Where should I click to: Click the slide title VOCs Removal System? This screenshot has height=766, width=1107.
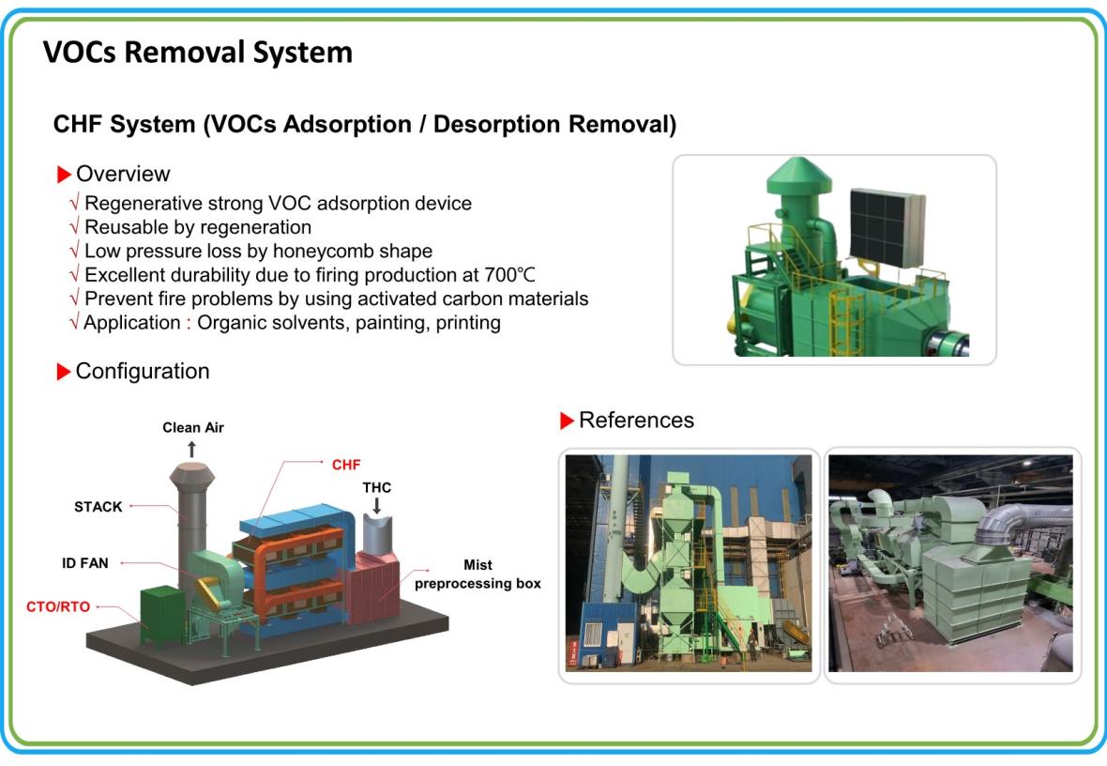(198, 53)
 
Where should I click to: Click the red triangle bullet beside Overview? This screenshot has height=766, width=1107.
(64, 175)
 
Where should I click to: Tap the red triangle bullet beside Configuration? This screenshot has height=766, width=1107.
(64, 372)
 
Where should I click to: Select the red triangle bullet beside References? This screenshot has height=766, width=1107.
(567, 421)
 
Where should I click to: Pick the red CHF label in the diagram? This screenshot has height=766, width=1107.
(346, 465)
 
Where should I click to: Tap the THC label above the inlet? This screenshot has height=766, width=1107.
(376, 487)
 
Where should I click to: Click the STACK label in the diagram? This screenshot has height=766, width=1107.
(99, 507)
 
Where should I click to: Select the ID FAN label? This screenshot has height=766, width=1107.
(84, 563)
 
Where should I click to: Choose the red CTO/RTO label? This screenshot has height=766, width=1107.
(58, 607)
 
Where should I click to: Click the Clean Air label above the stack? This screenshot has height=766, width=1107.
(192, 427)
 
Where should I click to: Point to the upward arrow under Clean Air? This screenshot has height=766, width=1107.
(191, 449)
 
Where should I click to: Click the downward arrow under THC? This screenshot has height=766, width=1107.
(376, 505)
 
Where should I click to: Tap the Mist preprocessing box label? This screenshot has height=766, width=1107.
(478, 574)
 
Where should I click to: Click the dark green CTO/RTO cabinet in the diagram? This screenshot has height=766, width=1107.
(162, 614)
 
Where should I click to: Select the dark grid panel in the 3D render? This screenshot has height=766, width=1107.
(887, 226)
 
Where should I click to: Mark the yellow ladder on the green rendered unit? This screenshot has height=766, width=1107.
(845, 322)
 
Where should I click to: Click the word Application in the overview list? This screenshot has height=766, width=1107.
(132, 323)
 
